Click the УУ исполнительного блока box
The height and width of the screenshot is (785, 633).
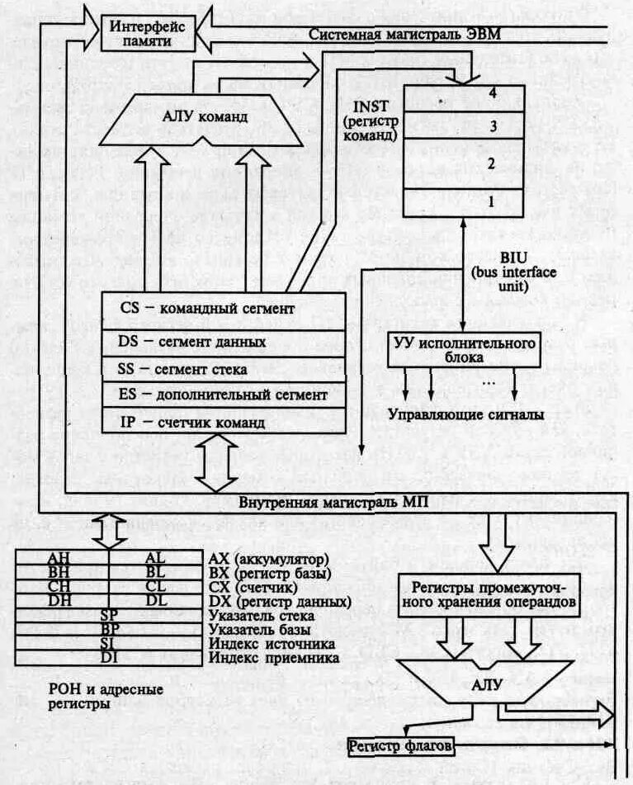pyautogui.click(x=463, y=348)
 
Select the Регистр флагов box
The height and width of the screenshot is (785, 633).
pyautogui.click(x=400, y=746)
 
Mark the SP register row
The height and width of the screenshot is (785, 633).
pyautogui.click(x=108, y=616)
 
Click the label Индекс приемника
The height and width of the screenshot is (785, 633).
pyautogui.click(x=275, y=658)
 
